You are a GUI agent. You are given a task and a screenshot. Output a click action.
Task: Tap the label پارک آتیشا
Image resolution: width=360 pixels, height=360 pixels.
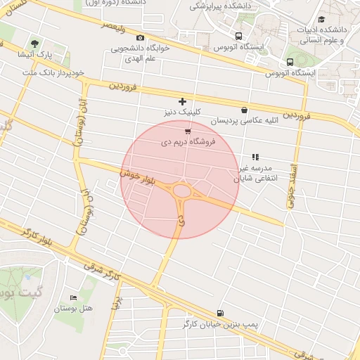[36, 55]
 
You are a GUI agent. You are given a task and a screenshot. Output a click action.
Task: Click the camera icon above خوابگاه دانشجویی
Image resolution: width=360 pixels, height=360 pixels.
[141, 38]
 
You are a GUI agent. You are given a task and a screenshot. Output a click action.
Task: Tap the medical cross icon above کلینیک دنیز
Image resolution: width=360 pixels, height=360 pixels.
[183, 101]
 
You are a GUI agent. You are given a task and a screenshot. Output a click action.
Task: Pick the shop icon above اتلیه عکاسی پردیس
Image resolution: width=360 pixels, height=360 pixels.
[244, 110]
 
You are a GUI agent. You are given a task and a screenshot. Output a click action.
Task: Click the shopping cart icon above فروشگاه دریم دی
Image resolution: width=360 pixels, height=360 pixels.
[187, 131]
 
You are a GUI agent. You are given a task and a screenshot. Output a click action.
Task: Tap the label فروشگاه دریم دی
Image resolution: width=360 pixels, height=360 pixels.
[188, 141]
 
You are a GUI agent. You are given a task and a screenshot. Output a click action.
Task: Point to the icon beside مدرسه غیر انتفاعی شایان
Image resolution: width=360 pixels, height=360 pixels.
[255, 157]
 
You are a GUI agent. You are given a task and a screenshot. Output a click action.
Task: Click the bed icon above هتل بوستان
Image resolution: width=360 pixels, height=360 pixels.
[74, 297]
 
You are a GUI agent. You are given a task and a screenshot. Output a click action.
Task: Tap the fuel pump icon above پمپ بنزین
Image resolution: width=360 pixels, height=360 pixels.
[221, 313]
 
